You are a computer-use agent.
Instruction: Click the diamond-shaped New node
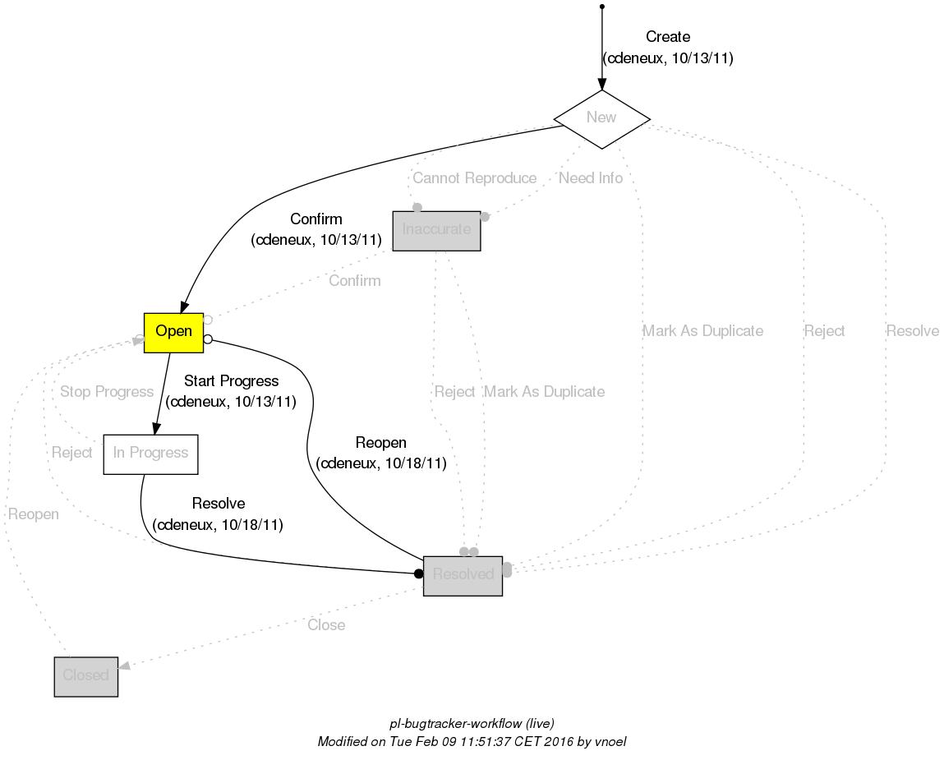click(x=602, y=118)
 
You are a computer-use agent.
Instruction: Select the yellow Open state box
click(x=173, y=332)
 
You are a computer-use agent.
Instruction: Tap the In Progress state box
click(x=150, y=454)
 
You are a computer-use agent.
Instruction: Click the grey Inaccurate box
click(x=436, y=230)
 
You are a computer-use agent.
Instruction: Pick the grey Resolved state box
click(x=463, y=574)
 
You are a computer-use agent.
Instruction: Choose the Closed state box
click(x=86, y=676)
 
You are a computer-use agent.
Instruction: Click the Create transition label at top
click(x=667, y=37)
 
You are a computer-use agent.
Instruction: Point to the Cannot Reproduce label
click(x=474, y=178)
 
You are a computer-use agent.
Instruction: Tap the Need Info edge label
click(x=590, y=178)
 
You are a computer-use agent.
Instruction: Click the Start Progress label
click(x=231, y=381)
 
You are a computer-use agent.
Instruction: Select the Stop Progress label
click(x=107, y=392)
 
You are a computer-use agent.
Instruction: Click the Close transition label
click(x=326, y=625)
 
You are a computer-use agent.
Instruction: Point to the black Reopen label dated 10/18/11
click(x=380, y=444)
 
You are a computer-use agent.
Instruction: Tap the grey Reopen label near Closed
click(x=33, y=514)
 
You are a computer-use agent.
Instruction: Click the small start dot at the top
click(x=602, y=7)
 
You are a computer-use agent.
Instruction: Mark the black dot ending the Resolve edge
click(x=418, y=573)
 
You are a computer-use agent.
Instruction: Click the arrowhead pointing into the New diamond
click(x=602, y=84)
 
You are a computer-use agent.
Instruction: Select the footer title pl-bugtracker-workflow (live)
click(x=472, y=724)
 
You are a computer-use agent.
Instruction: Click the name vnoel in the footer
click(x=610, y=741)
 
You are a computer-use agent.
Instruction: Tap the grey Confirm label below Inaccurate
click(x=354, y=281)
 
